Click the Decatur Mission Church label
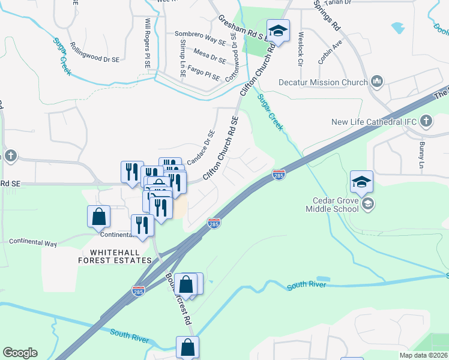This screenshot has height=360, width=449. (x=323, y=81)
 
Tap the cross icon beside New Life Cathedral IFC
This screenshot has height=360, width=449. (x=426, y=122)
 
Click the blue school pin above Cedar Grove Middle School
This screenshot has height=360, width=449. (x=362, y=181)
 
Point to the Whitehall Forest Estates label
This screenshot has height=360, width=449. (x=115, y=256)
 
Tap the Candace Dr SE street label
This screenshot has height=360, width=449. (x=200, y=148)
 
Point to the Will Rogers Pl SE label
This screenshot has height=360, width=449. (x=147, y=42)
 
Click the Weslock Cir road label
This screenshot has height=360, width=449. (x=299, y=50)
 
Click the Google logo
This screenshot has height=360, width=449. (x=20, y=353)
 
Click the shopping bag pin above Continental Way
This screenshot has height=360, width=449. (x=98, y=217)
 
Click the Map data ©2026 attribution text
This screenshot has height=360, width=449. (x=423, y=355)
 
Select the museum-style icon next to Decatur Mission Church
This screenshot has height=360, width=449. (x=377, y=81)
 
